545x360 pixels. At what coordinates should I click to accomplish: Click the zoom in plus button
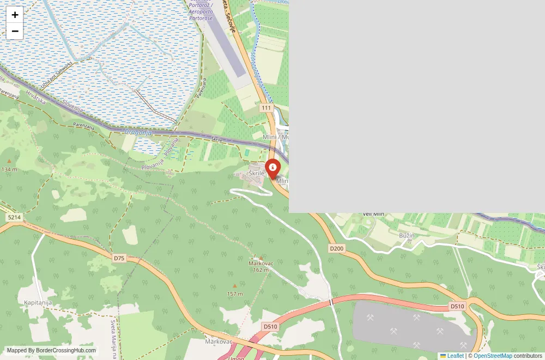coord(15,15)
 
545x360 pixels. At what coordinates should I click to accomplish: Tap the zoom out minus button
coord(15,31)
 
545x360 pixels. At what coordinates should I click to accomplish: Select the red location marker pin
coord(272,168)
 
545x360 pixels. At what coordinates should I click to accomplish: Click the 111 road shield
coord(266,108)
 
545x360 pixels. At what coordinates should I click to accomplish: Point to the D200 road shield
coord(337,248)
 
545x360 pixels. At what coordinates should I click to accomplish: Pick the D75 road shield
coord(119,258)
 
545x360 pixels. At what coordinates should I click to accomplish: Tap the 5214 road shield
coord(14,217)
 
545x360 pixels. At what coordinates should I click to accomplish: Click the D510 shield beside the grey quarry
coord(457,307)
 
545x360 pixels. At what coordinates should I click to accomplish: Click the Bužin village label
coord(407,235)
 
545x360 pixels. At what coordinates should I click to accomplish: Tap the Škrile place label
coord(256,173)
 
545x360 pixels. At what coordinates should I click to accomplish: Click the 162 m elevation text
coord(261,270)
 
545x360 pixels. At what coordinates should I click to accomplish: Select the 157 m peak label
coord(235,294)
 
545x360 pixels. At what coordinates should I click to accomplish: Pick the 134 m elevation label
coord(9,169)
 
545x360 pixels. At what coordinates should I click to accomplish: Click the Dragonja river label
coord(137,132)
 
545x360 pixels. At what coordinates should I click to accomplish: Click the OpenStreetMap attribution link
coord(493,356)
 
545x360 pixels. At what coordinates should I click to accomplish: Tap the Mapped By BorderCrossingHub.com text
coord(51,351)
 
